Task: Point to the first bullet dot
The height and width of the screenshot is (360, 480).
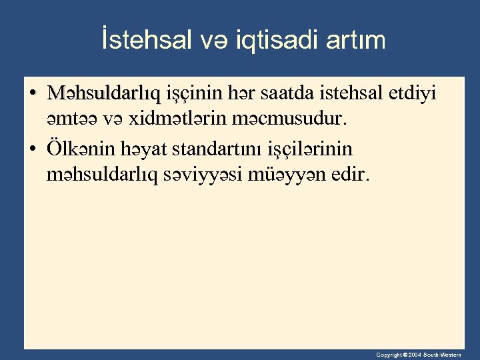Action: pyautogui.click(x=33, y=93)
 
